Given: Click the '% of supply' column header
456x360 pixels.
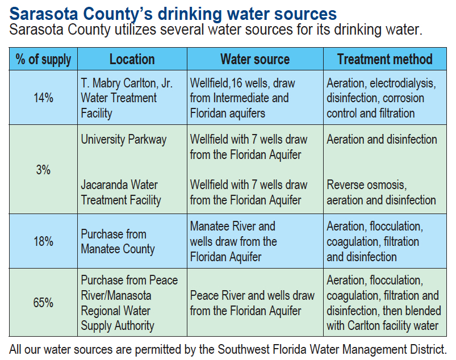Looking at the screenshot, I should pyautogui.click(x=43, y=59).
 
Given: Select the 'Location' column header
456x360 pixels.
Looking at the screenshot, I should pyautogui.click(x=132, y=59).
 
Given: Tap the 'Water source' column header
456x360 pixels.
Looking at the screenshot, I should pyautogui.click(x=255, y=59).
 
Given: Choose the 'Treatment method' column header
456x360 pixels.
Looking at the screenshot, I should pyautogui.click(x=384, y=59).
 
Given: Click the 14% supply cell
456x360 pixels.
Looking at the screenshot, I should pyautogui.click(x=43, y=98).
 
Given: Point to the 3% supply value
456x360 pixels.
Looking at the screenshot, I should pyautogui.click(x=43, y=170).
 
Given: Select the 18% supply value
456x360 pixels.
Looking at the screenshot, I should pyautogui.click(x=43, y=241).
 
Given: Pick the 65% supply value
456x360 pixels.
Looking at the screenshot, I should pyautogui.click(x=43, y=303).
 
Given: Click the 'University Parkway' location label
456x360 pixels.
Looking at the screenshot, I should pyautogui.click(x=124, y=140).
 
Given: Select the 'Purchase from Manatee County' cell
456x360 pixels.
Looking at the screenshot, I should pyautogui.click(x=118, y=241).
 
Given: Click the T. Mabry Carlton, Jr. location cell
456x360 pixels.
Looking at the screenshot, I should pyautogui.click(x=127, y=98).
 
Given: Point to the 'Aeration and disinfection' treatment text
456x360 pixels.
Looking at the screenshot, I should pyautogui.click(x=382, y=140).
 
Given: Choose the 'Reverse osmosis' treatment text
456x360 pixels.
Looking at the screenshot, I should pyautogui.click(x=366, y=185).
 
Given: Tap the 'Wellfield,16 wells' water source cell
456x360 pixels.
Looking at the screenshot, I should pyautogui.click(x=242, y=83).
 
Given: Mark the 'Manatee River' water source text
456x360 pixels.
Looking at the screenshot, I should pyautogui.click(x=232, y=226).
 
